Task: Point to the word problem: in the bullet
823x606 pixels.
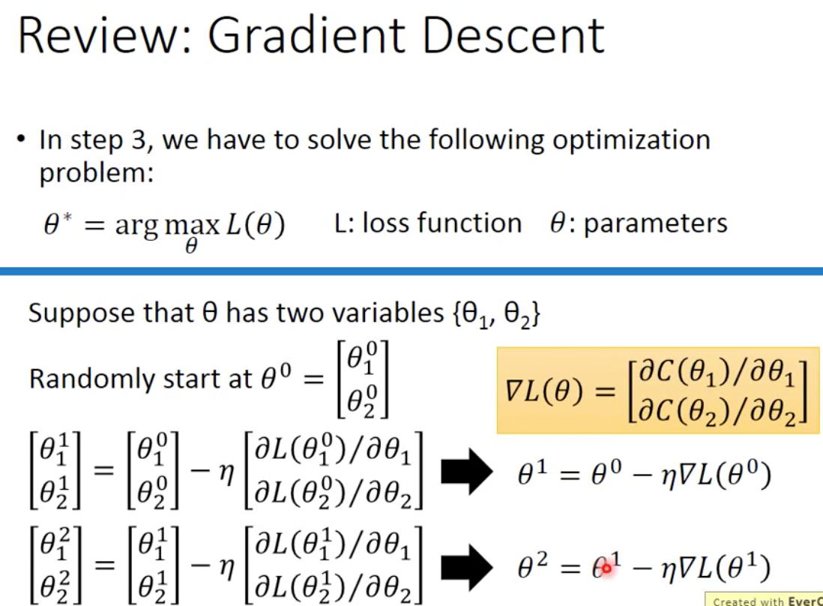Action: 96,173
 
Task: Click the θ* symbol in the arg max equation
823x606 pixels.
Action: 58,224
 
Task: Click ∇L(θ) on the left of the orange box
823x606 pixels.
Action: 544,391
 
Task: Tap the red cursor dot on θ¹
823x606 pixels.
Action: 606,569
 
